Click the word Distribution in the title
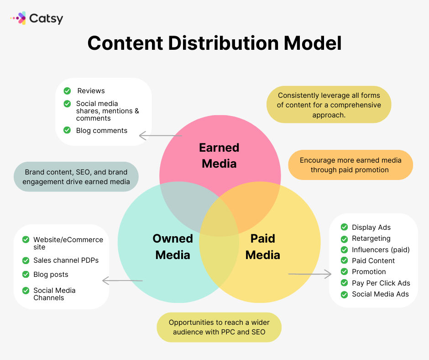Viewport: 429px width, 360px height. click(224, 43)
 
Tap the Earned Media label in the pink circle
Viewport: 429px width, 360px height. click(219, 156)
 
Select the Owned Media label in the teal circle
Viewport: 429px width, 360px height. click(173, 247)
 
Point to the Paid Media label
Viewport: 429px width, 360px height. click(263, 247)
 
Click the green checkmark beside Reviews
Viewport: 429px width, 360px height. click(67, 90)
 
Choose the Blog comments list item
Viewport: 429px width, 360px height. click(101, 130)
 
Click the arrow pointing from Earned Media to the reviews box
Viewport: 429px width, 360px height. click(161, 135)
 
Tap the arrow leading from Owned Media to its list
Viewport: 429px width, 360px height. click(122, 281)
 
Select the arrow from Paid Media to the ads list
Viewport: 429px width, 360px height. click(310, 274)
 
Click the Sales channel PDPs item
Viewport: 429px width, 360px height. click(66, 260)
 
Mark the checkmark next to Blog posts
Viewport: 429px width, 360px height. click(26, 274)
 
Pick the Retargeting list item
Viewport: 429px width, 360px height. click(371, 238)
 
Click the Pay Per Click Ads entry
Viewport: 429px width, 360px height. click(381, 283)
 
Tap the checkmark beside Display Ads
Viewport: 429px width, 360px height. click(344, 227)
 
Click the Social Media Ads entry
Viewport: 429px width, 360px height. click(380, 294)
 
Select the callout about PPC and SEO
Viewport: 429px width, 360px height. click(219, 327)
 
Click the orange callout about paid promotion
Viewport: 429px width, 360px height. click(351, 164)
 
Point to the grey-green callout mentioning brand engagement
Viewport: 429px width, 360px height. click(76, 177)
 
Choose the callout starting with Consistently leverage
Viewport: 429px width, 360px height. click(329, 105)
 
